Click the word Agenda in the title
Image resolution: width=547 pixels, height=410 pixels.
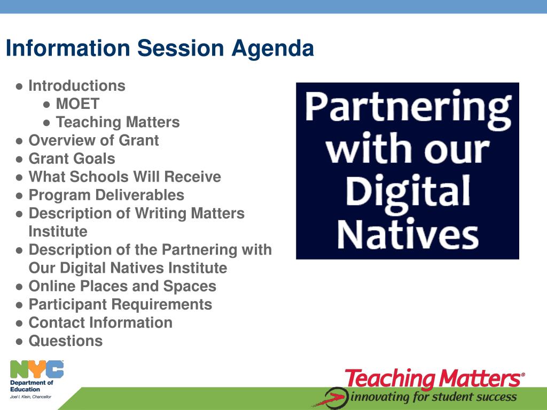[272, 49]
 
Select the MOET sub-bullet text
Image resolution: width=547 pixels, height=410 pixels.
[78, 104]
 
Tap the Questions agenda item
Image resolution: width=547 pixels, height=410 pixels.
[66, 341]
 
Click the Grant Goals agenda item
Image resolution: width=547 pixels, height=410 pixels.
[72, 159]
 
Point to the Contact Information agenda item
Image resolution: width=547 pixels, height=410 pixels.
[100, 322]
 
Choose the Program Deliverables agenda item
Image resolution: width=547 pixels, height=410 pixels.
[106, 195]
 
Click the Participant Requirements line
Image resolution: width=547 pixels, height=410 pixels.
[120, 305]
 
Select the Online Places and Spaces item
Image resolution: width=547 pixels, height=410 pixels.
[122, 287]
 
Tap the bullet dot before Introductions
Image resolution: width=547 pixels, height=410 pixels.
[20, 86]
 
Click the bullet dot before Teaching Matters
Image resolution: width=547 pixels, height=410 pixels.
[47, 123]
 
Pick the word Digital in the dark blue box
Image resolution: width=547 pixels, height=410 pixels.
[408, 193]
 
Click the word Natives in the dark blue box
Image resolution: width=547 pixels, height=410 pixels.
[408, 234]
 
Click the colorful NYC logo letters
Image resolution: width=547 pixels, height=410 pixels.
[37, 369]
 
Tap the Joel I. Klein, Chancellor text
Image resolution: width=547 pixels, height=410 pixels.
[30, 397]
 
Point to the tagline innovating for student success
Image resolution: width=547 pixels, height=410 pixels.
[434, 397]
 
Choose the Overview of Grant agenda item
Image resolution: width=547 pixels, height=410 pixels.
[94, 140]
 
